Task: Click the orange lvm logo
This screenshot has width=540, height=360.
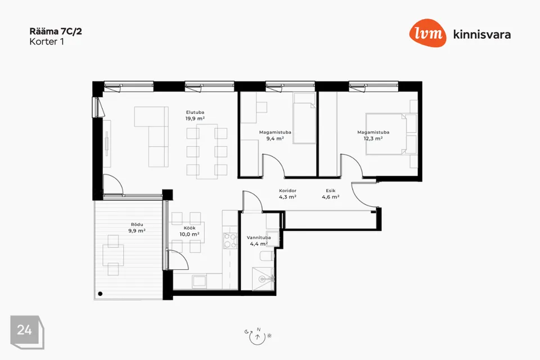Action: pyautogui.click(x=427, y=33)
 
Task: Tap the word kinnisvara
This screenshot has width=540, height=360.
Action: pyautogui.click(x=482, y=34)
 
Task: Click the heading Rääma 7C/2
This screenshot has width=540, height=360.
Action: pyautogui.click(x=56, y=31)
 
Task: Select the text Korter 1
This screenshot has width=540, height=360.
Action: pyautogui.click(x=47, y=42)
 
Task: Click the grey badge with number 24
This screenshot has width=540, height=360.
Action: pyautogui.click(x=27, y=332)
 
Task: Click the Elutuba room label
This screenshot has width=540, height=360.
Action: pyautogui.click(x=195, y=112)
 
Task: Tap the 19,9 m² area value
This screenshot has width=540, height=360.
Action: pyautogui.click(x=195, y=119)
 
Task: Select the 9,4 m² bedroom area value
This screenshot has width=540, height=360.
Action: pyautogui.click(x=275, y=138)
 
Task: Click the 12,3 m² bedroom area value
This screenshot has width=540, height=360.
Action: pyautogui.click(x=373, y=138)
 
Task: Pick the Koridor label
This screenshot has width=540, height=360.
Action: pyautogui.click(x=287, y=191)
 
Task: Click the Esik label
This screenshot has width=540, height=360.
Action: pyautogui.click(x=331, y=191)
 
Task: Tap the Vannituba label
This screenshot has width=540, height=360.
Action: pyautogui.click(x=259, y=237)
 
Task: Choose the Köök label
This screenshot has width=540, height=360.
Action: pyautogui.click(x=190, y=228)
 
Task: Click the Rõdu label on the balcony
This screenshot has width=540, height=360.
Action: pyautogui.click(x=137, y=224)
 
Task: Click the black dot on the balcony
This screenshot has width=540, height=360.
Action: pyautogui.click(x=100, y=294)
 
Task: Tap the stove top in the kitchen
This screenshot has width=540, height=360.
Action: pyautogui.click(x=229, y=241)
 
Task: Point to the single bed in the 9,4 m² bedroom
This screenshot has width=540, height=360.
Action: pyautogui.click(x=304, y=118)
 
